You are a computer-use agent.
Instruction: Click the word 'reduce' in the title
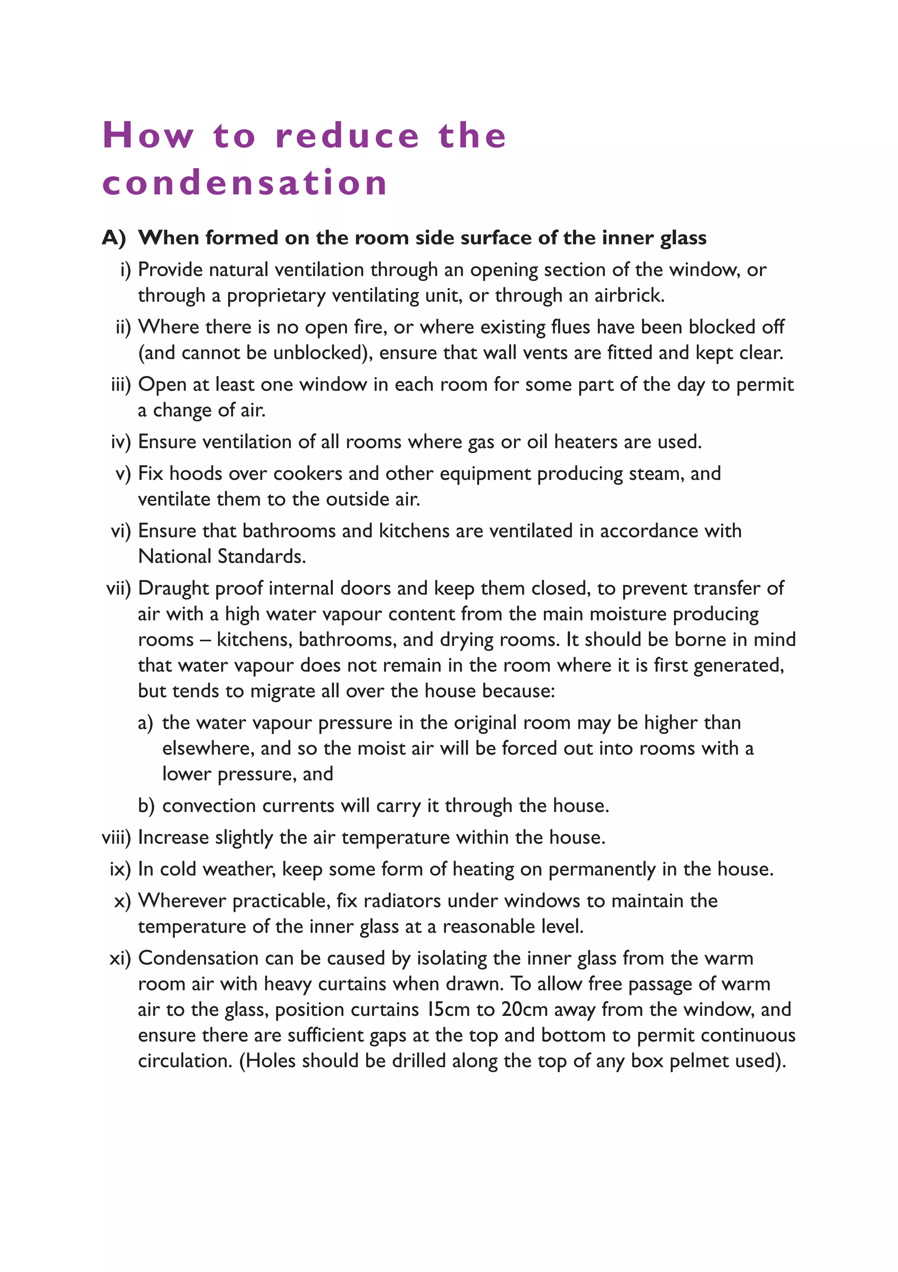click(x=347, y=136)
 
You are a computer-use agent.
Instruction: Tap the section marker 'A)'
click(x=114, y=238)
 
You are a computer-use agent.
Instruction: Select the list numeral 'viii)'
click(x=116, y=837)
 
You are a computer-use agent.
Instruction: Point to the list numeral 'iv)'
click(x=121, y=442)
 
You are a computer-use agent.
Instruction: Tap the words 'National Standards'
click(x=221, y=556)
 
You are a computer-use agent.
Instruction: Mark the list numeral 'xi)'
click(x=120, y=958)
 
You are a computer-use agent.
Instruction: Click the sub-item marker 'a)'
click(x=146, y=723)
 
